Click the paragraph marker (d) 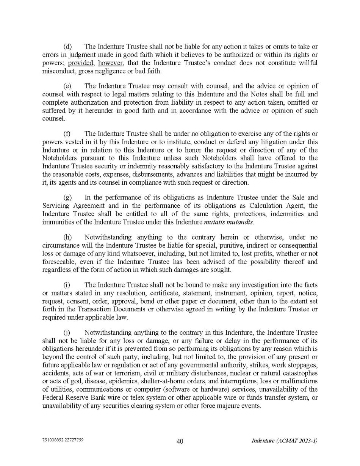point(67,47)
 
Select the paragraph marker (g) point(67,198)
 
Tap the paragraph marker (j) point(67,333)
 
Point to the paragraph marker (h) point(67,237)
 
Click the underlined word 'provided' point(81,63)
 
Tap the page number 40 point(180,441)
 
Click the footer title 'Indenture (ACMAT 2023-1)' point(284,441)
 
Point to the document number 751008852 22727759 point(63,440)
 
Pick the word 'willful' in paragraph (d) point(307,63)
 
